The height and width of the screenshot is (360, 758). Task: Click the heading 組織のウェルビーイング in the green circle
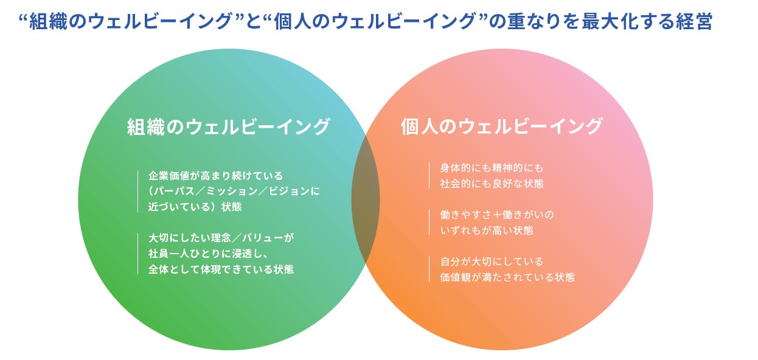[x=228, y=127]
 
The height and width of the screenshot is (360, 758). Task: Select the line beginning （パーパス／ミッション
[x=234, y=191]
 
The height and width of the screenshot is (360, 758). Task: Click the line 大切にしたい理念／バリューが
[x=221, y=238]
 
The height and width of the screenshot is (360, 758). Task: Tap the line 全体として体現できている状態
[x=221, y=268]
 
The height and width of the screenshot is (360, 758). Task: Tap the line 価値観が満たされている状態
[x=507, y=277]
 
